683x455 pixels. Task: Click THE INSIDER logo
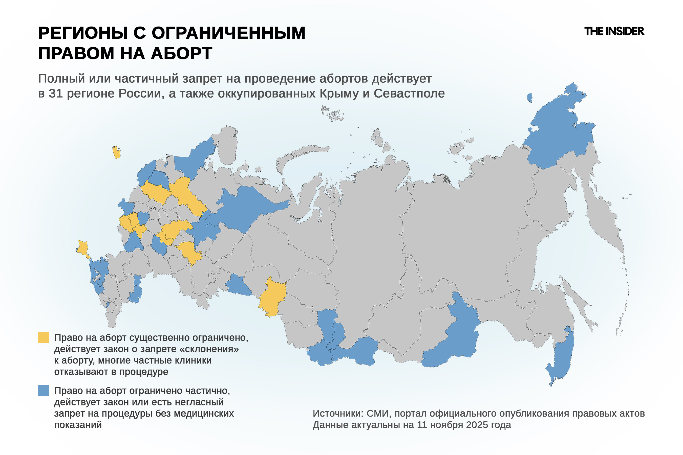tap(614, 31)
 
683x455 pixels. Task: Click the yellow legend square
tap(44, 337)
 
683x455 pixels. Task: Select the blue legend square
tap(44, 390)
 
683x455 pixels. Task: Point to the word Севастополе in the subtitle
tap(409, 94)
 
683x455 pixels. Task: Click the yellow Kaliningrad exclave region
tap(116, 152)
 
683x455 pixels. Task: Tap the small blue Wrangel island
tap(529, 98)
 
